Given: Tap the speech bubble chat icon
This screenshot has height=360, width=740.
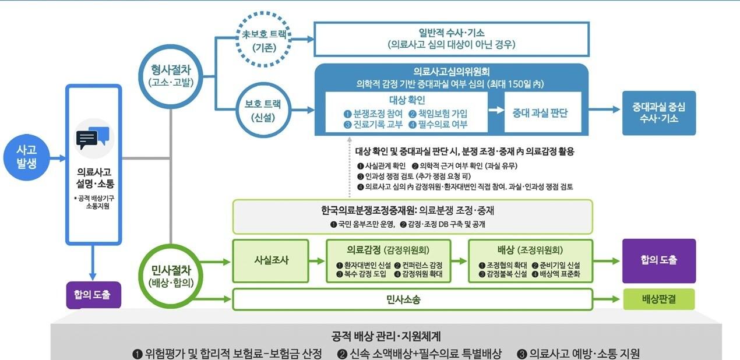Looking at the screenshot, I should (x=93, y=139).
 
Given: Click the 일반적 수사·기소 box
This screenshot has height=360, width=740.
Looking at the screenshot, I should (x=452, y=38).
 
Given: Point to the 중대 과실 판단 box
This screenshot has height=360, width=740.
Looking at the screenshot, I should (x=540, y=113).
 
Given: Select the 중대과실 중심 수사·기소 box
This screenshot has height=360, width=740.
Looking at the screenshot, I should (x=658, y=113).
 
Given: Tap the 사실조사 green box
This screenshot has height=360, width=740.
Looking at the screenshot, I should (x=270, y=260).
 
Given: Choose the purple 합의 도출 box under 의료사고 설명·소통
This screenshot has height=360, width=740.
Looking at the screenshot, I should (x=93, y=295).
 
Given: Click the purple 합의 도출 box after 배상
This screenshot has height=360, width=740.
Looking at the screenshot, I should (x=658, y=260).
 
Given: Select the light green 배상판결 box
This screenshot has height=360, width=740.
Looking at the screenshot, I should (x=658, y=299).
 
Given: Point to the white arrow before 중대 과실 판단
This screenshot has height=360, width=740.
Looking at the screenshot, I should (x=496, y=110).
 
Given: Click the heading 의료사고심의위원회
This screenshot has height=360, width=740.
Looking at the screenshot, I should (x=452, y=72).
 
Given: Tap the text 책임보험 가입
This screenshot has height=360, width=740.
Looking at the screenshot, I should (x=442, y=114).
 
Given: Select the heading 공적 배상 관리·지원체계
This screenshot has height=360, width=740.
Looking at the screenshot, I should (x=386, y=336).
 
